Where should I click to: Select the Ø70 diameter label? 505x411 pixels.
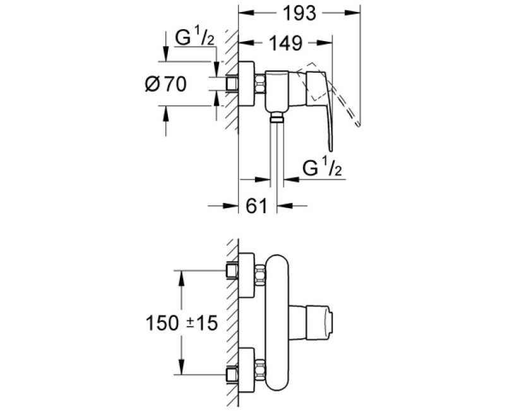pos(165,84)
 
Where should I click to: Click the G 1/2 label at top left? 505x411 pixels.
pos(196,39)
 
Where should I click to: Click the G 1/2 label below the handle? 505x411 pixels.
pos(321,169)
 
